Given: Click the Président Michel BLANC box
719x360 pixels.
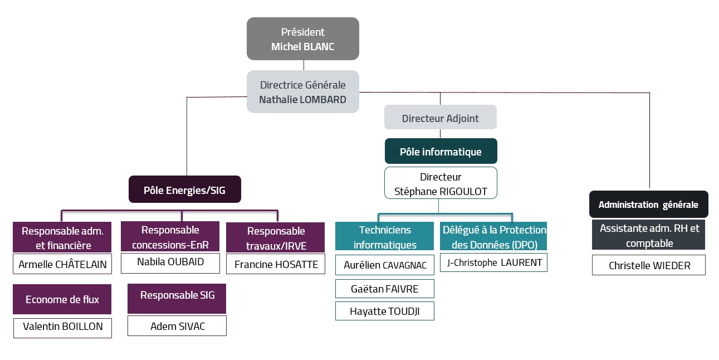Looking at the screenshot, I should click(303, 39).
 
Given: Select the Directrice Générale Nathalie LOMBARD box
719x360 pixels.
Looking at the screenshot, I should click(303, 92).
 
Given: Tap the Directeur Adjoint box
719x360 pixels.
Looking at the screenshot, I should click(440, 118).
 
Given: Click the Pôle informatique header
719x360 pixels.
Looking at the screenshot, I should click(441, 151).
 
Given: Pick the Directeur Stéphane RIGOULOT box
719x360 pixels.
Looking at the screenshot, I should click(441, 183).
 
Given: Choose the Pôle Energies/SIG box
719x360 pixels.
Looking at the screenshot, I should click(184, 189).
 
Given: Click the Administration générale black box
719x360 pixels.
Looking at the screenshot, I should click(648, 205).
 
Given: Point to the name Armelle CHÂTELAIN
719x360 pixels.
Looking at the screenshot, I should click(62, 264).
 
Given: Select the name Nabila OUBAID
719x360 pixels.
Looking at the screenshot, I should click(170, 262).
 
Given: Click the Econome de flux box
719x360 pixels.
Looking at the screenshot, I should click(62, 299).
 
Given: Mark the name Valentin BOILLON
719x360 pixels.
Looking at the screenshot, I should click(62, 327).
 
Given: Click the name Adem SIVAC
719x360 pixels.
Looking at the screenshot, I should click(177, 326).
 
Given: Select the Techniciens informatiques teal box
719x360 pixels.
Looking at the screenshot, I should click(384, 237).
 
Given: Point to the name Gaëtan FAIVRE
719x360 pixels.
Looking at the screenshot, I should click(384, 289).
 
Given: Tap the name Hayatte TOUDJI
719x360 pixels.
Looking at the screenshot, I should click(384, 311).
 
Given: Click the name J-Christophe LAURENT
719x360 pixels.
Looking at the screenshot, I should click(493, 262).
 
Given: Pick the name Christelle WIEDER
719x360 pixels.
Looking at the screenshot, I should click(649, 265).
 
